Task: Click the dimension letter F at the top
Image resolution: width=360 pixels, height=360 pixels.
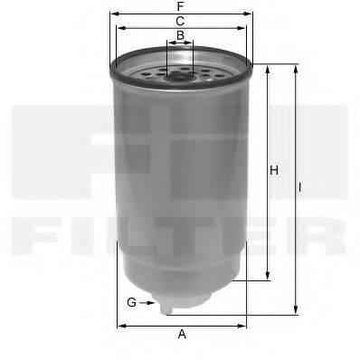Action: (x=182, y=6)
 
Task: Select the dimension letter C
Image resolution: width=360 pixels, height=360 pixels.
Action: (x=181, y=20)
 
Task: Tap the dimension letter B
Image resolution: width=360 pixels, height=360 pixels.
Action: (x=181, y=35)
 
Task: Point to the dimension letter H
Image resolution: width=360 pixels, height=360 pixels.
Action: (x=273, y=169)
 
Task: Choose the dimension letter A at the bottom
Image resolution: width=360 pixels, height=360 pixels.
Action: (x=182, y=335)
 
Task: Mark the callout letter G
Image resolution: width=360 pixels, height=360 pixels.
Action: (x=131, y=301)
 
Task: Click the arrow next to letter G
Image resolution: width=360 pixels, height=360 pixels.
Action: (x=149, y=301)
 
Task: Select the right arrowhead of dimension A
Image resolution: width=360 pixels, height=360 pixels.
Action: (x=246, y=325)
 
